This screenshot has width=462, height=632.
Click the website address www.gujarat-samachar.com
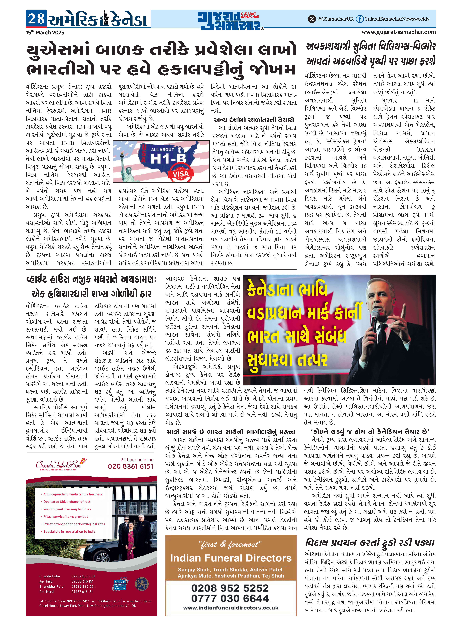(399, 32)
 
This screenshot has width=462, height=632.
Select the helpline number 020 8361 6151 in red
(131, 466)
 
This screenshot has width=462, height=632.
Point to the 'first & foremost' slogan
(230, 544)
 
